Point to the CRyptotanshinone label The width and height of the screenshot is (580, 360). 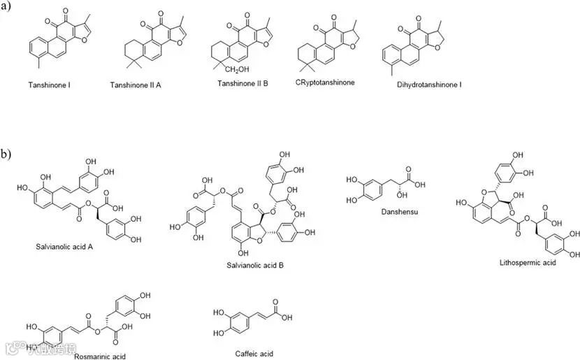(x=325, y=82)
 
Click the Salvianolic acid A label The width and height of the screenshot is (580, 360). (x=64, y=247)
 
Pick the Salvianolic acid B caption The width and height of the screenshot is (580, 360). (x=255, y=266)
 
